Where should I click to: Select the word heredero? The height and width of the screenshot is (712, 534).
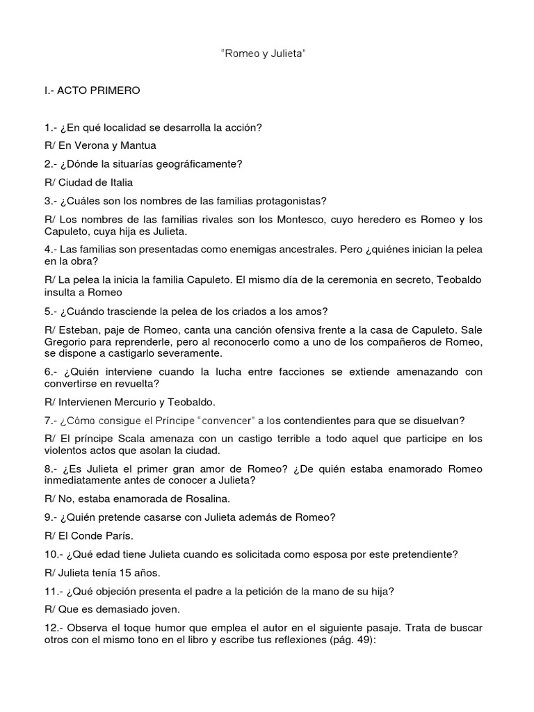(x=364, y=220)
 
